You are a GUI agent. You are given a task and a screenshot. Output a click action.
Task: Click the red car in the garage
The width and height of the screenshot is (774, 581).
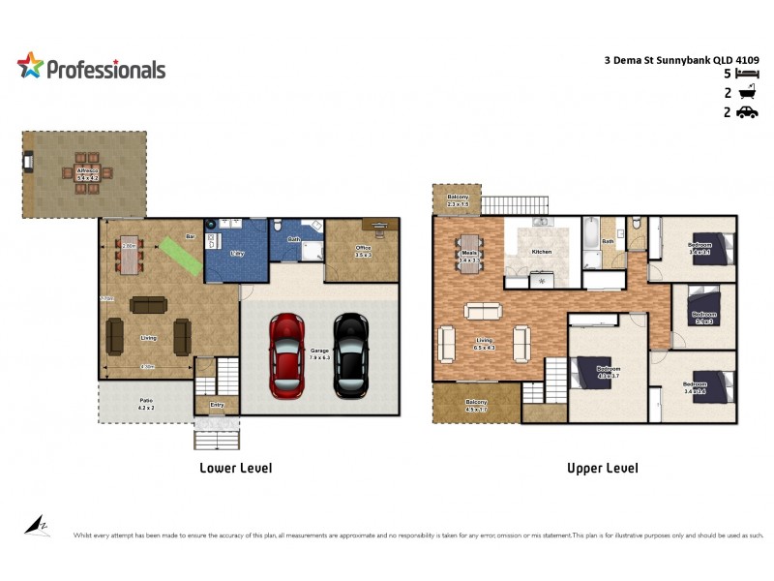click(x=288, y=355)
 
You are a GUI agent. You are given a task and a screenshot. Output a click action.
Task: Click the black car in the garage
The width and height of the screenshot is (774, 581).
click(x=350, y=355)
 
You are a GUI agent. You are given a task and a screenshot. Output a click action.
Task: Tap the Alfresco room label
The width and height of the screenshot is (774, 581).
click(x=87, y=174)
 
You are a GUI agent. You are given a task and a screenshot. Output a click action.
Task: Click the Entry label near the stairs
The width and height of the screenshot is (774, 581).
click(x=216, y=406)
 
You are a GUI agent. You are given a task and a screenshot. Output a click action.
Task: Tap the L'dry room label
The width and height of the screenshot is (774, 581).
click(x=235, y=253)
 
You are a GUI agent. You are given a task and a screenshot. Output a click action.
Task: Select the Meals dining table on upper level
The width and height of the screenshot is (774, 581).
click(x=469, y=254)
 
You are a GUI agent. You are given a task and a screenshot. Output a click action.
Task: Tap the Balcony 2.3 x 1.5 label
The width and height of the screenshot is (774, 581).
click(x=458, y=200)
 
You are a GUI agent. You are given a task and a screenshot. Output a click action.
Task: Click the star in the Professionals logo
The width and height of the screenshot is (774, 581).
click(x=30, y=66)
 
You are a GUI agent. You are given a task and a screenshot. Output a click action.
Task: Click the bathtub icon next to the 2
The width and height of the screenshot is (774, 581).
click(x=746, y=93)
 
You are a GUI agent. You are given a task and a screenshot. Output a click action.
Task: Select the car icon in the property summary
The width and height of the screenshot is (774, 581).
click(x=746, y=112)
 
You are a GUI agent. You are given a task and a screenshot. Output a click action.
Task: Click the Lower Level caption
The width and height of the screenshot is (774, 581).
click(x=235, y=468)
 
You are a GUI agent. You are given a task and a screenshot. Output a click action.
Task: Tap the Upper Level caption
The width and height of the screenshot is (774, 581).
click(x=602, y=468)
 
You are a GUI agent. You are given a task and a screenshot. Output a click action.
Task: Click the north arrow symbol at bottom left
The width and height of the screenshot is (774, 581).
click(x=37, y=526)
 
